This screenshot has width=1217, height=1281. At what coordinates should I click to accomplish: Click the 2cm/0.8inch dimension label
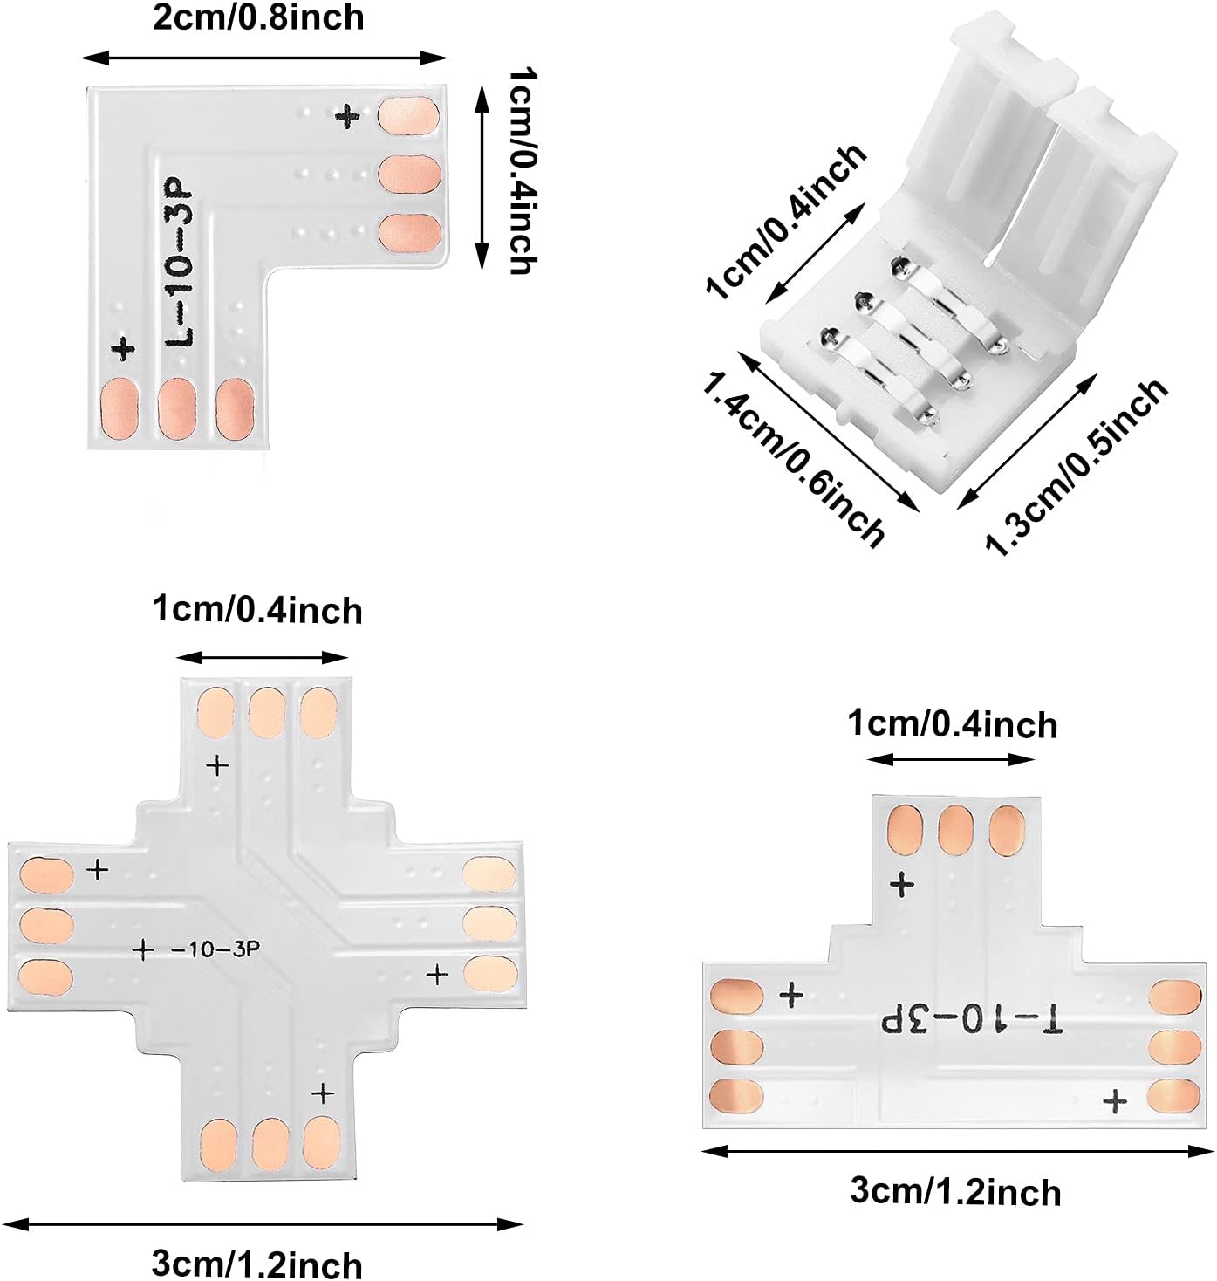click(258, 18)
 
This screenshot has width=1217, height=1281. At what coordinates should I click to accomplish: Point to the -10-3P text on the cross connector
click(215, 949)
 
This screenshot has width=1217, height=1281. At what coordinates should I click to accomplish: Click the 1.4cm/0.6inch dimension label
click(793, 457)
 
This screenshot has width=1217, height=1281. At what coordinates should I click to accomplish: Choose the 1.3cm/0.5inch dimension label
click(1077, 466)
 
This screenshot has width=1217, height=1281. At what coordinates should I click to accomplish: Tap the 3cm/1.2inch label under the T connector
click(955, 1192)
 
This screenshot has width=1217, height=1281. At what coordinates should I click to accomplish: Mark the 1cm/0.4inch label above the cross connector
click(256, 610)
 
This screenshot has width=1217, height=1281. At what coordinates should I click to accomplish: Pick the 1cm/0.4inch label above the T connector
click(953, 724)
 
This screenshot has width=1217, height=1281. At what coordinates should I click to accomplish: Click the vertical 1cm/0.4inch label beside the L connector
click(522, 173)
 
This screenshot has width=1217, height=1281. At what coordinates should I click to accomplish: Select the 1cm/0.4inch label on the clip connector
click(786, 223)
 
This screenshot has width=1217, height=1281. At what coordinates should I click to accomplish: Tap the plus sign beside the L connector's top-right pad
click(348, 116)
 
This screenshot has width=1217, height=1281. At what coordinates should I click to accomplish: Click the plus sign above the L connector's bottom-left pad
click(124, 348)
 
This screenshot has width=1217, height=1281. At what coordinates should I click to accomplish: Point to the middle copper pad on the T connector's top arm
click(956, 829)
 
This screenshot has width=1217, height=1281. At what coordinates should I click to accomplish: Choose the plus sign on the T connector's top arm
click(902, 886)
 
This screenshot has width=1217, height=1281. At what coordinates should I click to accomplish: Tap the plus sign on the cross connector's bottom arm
click(324, 1093)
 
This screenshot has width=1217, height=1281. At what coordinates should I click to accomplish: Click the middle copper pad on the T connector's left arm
click(737, 1047)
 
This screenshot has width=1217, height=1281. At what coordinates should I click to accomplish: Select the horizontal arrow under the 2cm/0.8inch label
click(263, 58)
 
